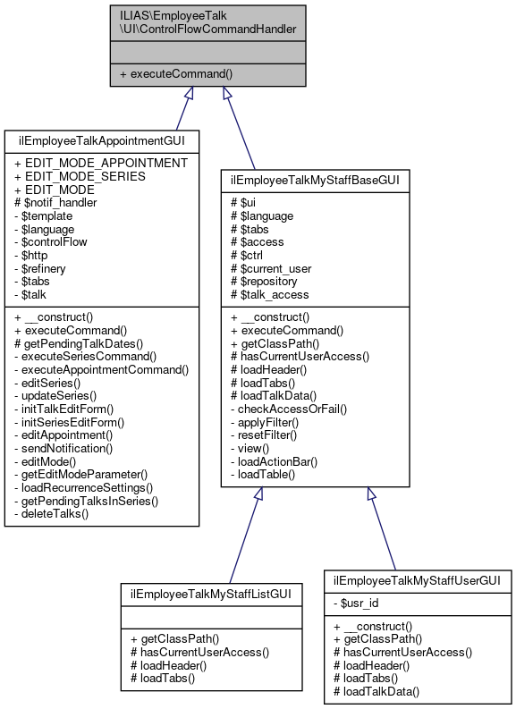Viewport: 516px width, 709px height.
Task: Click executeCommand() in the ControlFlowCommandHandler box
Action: click(x=175, y=73)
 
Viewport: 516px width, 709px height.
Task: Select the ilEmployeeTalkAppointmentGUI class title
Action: click(x=102, y=141)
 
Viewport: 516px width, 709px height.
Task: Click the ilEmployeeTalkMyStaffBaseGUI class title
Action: click(x=315, y=180)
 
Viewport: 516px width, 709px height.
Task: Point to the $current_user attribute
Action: click(x=275, y=267)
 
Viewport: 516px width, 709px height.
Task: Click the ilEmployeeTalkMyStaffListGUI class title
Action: click(x=212, y=593)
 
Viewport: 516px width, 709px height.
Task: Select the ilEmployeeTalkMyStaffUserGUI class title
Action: click(x=418, y=579)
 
